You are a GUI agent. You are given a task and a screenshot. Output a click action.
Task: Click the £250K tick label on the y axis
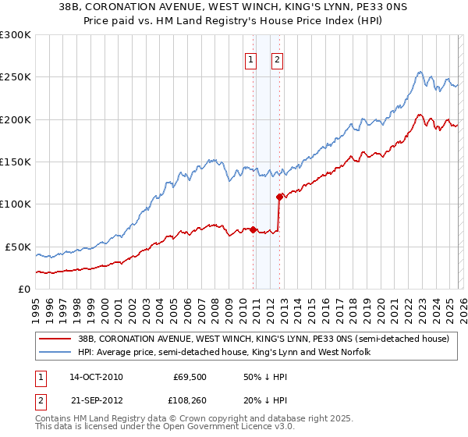[x=16, y=77]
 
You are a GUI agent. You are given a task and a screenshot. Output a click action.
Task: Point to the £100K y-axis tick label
[x=16, y=204]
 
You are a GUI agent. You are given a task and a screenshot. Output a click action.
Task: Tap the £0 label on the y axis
[x=23, y=289]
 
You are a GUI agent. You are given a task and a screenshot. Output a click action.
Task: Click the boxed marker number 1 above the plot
[x=250, y=59]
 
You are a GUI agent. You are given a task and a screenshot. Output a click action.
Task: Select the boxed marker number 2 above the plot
[x=277, y=59]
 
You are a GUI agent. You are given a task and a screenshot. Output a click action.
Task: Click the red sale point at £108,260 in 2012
[x=279, y=197]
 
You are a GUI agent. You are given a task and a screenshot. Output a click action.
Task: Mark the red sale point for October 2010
[x=253, y=230]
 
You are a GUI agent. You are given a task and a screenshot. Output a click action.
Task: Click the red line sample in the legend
[x=55, y=339]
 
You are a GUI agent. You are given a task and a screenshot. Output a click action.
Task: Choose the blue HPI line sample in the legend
[x=55, y=353]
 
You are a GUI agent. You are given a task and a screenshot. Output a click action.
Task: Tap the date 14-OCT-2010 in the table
[x=96, y=377]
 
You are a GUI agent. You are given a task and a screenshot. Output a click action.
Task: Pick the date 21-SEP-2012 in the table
[x=96, y=400]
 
